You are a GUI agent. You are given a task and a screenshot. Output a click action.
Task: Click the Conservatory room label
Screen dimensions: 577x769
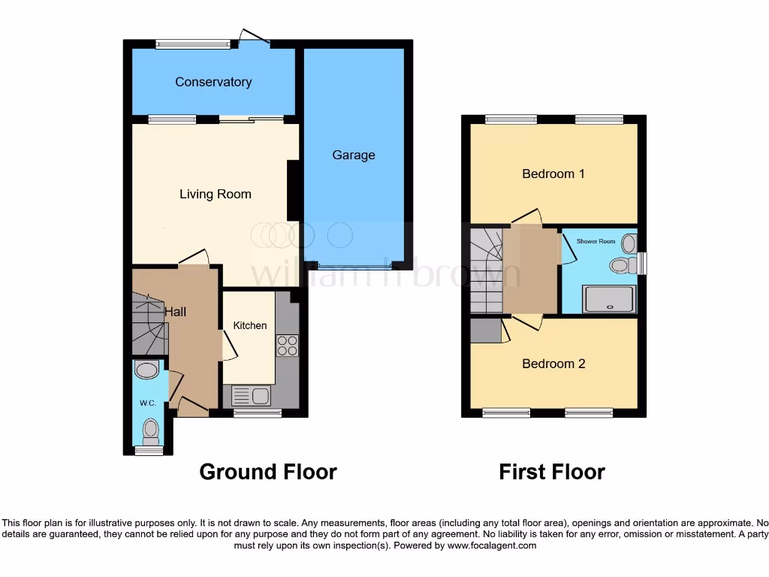pos(213,82)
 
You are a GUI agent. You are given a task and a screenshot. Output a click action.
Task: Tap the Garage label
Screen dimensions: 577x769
pos(354,156)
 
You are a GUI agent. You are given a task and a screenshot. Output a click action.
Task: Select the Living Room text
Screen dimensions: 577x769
pos(216,195)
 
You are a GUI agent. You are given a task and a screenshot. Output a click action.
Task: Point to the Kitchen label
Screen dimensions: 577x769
pos(250,325)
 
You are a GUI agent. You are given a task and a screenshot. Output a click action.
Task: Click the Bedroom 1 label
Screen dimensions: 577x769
pos(553,174)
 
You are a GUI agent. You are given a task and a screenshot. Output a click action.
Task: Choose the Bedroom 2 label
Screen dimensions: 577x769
pos(553,364)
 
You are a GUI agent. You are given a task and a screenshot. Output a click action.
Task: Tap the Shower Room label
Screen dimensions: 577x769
pos(596,241)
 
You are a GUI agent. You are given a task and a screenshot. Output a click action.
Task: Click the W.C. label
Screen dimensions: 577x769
pos(147,403)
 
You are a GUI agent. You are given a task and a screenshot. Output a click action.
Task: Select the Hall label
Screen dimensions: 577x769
pos(176,312)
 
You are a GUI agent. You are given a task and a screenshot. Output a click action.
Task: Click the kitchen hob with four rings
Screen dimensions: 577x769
pos(288,346)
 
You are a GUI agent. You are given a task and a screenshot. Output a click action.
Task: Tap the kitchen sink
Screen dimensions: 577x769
pos(251,395)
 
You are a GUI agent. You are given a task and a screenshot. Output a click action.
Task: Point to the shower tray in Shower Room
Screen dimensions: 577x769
pos(610,299)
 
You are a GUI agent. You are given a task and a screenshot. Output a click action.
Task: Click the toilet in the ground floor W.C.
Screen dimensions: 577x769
pos(151,430)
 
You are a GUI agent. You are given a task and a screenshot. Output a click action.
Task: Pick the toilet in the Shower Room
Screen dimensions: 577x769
pos(620,264)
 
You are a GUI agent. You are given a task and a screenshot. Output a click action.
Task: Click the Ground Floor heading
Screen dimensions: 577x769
pos(268,472)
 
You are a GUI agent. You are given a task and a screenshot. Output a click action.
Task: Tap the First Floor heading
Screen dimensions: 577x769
pos(552,472)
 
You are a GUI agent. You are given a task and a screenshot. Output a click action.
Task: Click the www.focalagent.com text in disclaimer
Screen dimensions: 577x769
pos(492,545)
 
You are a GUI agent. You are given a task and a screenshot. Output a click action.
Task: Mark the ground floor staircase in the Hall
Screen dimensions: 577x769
pos(148,325)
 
